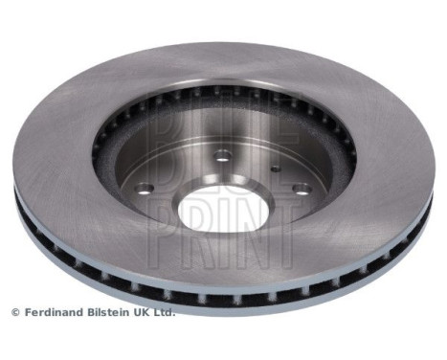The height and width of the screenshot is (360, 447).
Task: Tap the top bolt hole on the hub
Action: (222, 155)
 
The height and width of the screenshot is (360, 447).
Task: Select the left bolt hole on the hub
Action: (145, 189)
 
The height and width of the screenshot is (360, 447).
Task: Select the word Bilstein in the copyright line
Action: (109, 312)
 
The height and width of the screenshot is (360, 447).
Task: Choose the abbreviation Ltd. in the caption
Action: (165, 312)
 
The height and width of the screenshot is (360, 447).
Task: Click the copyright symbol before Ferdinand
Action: (15, 312)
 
